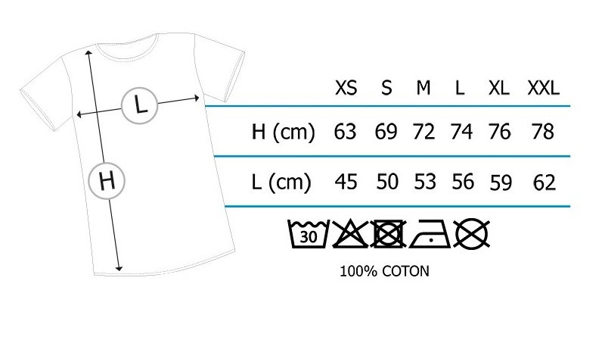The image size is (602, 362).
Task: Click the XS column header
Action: pyautogui.click(x=346, y=88)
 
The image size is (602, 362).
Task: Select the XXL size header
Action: pyautogui.click(x=543, y=88)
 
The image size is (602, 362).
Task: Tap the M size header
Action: pyautogui.click(x=423, y=88)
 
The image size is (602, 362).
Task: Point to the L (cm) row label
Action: pyautogui.click(x=281, y=183)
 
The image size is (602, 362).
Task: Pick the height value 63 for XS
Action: pyautogui.click(x=345, y=132)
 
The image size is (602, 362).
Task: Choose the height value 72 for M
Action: pyautogui.click(x=424, y=132)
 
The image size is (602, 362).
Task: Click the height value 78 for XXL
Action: pyautogui.click(x=543, y=132)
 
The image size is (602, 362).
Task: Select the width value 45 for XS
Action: pyautogui.click(x=345, y=183)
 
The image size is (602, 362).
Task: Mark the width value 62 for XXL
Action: pyautogui.click(x=543, y=183)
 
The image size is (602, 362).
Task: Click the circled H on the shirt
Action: pyautogui.click(x=107, y=182)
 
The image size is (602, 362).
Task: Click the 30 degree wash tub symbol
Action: pyautogui.click(x=308, y=235)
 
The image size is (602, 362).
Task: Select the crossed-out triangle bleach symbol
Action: pyautogui.click(x=349, y=234)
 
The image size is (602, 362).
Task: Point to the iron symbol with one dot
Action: pyautogui.click(x=430, y=235)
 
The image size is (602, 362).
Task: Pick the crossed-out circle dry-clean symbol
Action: pyautogui.click(x=471, y=234)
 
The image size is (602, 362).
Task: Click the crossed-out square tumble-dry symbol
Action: pyautogui.click(x=388, y=234)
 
